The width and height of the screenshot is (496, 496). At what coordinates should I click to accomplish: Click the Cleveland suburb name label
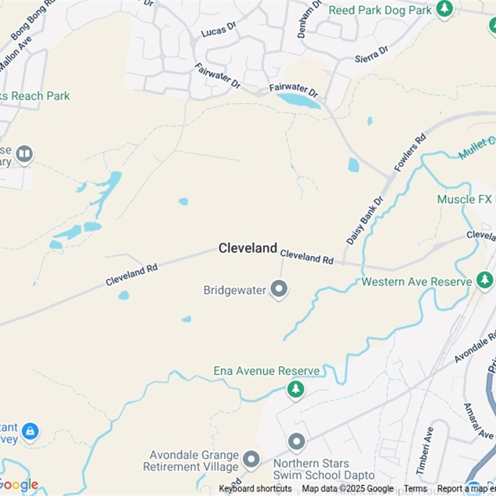coord(247,248)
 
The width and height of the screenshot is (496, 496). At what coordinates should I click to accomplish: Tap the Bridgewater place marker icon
coord(279,289)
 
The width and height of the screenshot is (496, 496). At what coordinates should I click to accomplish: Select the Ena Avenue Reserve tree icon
coord(296,389)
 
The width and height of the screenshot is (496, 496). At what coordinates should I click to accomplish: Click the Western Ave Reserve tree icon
coord(485,280)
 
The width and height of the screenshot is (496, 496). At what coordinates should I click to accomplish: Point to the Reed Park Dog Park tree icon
coord(444,9)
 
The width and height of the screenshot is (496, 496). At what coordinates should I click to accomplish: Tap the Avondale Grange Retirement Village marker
coord(251,459)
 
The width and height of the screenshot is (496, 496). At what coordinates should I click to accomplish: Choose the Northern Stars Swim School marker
coord(297,442)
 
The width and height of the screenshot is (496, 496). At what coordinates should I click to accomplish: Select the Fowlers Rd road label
coord(410,153)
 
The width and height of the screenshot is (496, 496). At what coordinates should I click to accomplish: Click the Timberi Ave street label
coord(425,450)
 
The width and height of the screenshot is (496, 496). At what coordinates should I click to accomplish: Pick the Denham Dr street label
coord(309,19)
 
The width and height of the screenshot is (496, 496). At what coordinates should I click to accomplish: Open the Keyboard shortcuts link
coord(255,489)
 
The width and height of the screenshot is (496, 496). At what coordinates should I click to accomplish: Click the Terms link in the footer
coord(415,489)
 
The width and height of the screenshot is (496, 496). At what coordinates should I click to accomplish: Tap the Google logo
coord(19,484)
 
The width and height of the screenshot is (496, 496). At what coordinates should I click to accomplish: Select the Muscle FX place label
coord(466,199)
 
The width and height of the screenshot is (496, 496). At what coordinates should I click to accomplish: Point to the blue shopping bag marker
coord(29,430)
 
